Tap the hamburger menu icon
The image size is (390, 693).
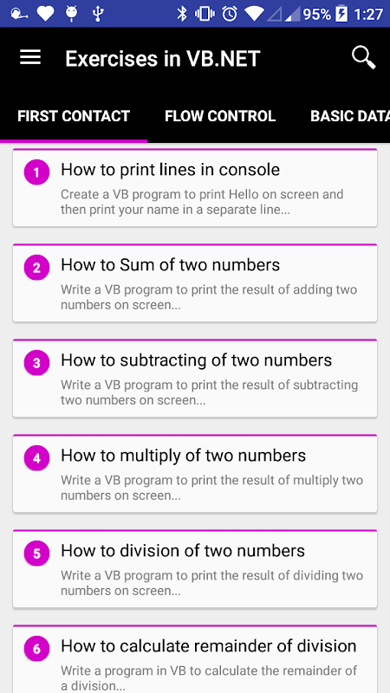[x=30, y=57]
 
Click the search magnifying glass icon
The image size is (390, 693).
[x=363, y=58]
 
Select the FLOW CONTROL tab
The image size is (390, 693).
[x=220, y=116]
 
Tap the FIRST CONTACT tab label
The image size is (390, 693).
[x=74, y=116]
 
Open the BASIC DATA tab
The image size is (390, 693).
[x=350, y=116]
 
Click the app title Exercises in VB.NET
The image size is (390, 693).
[x=163, y=59]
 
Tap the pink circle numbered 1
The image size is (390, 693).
[x=36, y=172]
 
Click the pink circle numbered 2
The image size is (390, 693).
[x=36, y=268]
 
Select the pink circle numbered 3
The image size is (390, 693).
[x=36, y=362]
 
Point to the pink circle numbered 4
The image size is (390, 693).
[x=36, y=458]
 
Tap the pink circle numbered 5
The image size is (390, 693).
[x=36, y=553]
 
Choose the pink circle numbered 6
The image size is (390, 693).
[x=36, y=648]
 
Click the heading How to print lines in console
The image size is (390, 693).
[x=170, y=170]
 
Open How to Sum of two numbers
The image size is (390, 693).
[x=170, y=265]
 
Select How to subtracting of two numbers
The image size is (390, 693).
[x=197, y=360]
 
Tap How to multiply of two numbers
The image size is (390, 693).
[x=184, y=456]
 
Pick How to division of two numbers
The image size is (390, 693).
[x=183, y=551]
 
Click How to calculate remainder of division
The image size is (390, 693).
[x=209, y=646]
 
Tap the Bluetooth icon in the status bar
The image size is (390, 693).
[x=182, y=14]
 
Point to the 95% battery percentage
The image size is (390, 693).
[x=316, y=14]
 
